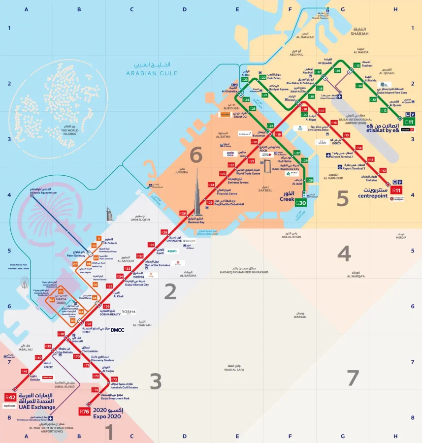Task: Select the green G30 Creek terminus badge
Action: click(x=301, y=203)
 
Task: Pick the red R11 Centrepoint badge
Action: click(x=396, y=190)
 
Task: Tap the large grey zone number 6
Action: click(x=196, y=155)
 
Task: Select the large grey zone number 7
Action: click(x=353, y=378)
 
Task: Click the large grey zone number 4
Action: click(x=344, y=253)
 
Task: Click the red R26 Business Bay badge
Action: click(x=183, y=213)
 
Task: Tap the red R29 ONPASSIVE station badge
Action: click(x=164, y=232)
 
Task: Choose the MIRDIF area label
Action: click(x=401, y=237)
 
